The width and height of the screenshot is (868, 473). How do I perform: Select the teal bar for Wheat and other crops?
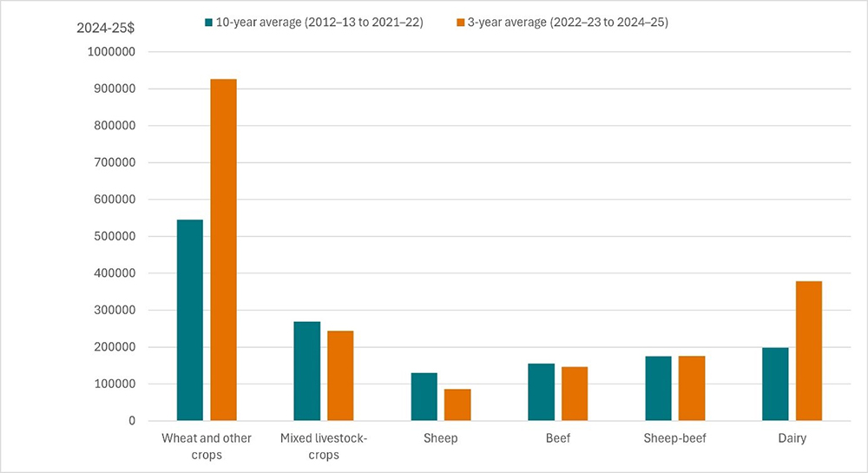189,320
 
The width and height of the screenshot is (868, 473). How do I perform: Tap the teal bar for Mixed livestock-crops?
306,371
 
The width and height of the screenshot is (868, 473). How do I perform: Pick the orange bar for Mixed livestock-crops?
340,376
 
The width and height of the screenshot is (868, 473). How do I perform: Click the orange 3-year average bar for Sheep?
457,404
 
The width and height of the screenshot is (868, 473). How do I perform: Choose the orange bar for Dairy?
808,351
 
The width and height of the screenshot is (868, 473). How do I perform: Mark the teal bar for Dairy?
775,384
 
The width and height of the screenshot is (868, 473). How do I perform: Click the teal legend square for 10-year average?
209,23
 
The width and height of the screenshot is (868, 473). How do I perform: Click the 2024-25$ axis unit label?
106,28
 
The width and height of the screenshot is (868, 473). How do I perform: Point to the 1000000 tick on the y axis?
111,52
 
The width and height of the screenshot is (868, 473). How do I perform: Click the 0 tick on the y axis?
131,421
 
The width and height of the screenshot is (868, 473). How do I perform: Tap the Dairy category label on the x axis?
792,438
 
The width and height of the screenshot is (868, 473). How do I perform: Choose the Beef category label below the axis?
557,438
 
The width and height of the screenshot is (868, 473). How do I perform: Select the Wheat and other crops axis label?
207,446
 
